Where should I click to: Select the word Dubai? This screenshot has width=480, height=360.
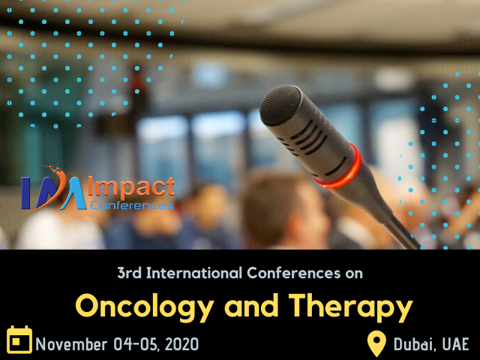(413, 344)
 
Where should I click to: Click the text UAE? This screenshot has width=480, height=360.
(454, 344)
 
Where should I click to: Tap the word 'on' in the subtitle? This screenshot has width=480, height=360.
(353, 273)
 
